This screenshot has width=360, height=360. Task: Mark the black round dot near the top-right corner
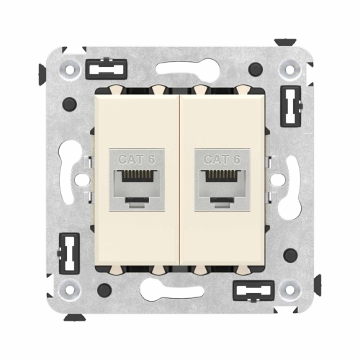pos(255,70)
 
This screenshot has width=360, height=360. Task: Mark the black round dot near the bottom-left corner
pos(104,290)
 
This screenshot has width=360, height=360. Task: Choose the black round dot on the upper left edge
pos(68,105)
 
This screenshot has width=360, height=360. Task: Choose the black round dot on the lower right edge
pos(291,255)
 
